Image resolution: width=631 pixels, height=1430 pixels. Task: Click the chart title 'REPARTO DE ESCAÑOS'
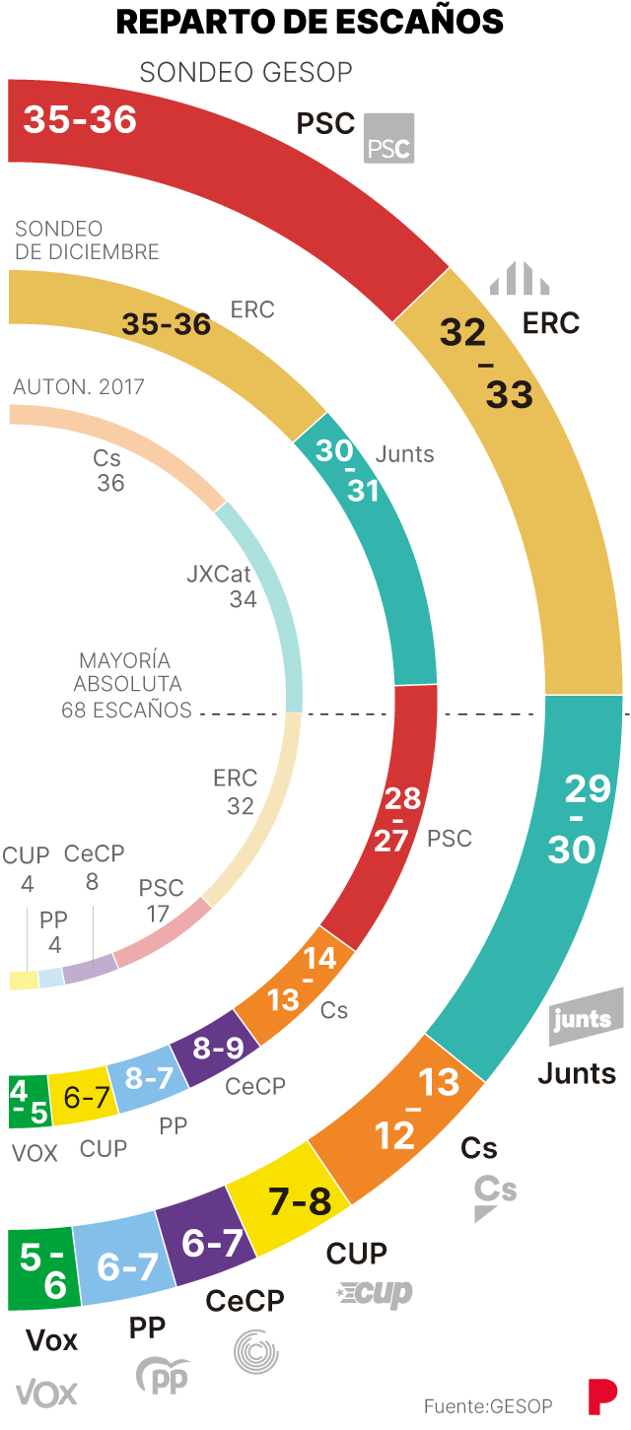pos(310,22)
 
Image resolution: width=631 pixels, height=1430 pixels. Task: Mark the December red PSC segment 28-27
pos(394,818)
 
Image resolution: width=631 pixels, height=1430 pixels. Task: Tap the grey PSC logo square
pos(388,138)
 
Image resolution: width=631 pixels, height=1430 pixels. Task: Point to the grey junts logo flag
pos(586,1017)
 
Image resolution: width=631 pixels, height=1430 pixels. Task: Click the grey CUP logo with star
pos(375,1294)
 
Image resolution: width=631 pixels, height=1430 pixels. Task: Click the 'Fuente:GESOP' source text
pos(488,1405)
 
